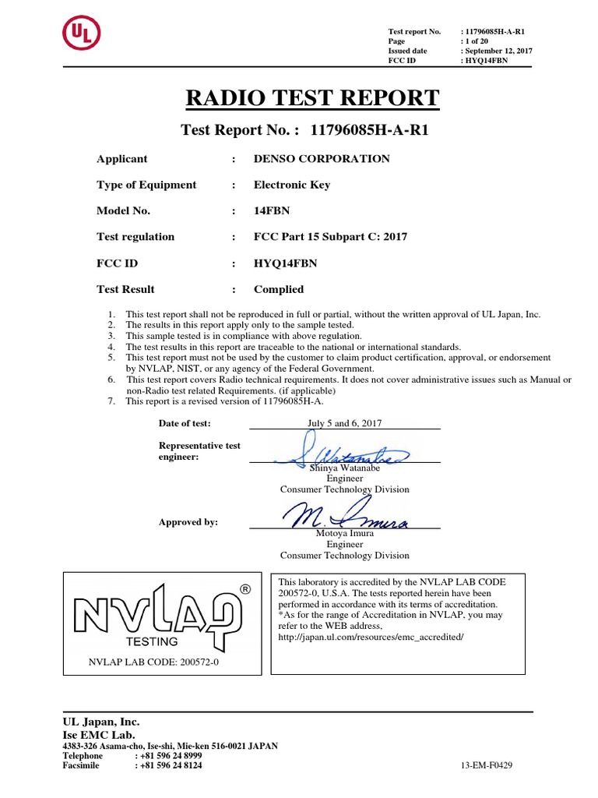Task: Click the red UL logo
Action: click(82, 34)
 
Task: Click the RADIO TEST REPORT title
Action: click(311, 98)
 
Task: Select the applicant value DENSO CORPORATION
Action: click(322, 159)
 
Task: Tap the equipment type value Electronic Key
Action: click(292, 185)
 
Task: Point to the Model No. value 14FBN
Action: click(270, 211)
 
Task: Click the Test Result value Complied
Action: click(279, 289)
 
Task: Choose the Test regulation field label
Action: click(135, 237)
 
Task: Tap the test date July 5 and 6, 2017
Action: click(345, 423)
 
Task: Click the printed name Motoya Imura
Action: click(344, 534)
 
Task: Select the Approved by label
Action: click(188, 522)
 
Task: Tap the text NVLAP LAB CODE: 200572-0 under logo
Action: click(153, 663)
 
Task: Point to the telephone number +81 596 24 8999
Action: click(169, 756)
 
